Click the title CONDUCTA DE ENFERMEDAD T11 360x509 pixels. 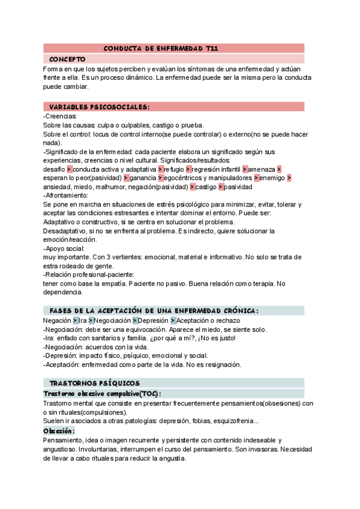[161, 48]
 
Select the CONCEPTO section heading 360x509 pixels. [67, 59]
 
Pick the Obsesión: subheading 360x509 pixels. [59, 431]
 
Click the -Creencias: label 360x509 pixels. [60, 116]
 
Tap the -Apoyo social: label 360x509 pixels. [64, 248]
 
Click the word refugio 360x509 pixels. [174, 169]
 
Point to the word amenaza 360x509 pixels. [262, 169]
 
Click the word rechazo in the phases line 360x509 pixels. [229, 321]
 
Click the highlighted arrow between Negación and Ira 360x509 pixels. [74, 321]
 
